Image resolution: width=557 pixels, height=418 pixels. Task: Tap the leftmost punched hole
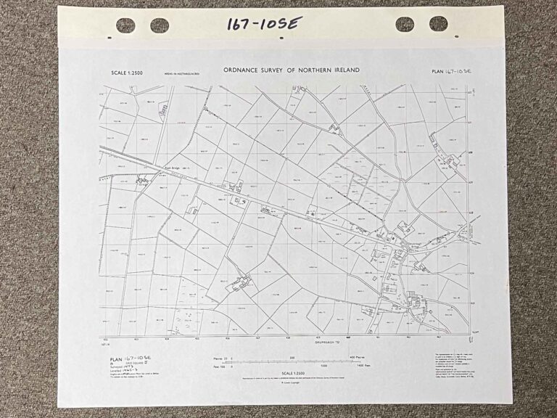point(125,25)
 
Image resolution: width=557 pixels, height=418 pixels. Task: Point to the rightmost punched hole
point(438,24)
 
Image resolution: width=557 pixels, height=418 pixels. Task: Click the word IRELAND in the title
point(342,70)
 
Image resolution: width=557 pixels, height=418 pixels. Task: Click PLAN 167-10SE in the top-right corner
point(452,71)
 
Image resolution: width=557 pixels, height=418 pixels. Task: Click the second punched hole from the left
point(160,25)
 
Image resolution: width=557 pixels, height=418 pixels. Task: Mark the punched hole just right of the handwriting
point(405,24)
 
